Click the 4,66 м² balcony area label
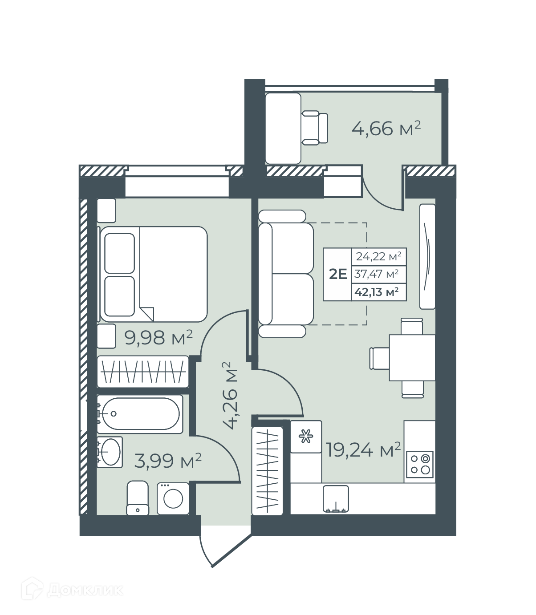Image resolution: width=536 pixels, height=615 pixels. tap(386, 129)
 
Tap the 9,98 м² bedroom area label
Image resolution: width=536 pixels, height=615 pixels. tap(158, 338)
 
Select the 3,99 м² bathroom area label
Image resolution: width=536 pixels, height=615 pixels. tap(167, 461)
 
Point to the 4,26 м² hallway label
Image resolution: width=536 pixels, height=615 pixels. tap(230, 395)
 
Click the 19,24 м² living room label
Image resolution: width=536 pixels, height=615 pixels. tap(363, 449)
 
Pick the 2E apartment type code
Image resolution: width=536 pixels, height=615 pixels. tap(338, 274)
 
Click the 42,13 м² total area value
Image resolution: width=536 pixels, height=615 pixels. tap(377, 292)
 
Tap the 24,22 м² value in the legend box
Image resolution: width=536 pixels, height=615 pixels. tap(379, 256)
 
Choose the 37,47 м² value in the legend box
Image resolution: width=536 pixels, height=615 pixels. tap(376, 274)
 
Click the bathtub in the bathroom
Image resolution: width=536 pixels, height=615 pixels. tap(140, 414)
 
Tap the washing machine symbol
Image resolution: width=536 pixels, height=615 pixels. tap(173, 498)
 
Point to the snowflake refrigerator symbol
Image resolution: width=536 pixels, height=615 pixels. tap(306, 436)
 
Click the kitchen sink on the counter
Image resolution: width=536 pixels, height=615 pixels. tap(336, 499)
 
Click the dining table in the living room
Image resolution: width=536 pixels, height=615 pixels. tap(412, 357)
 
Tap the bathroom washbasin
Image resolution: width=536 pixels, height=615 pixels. tap(110, 452)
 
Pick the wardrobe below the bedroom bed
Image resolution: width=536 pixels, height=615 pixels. tap(143, 372)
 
